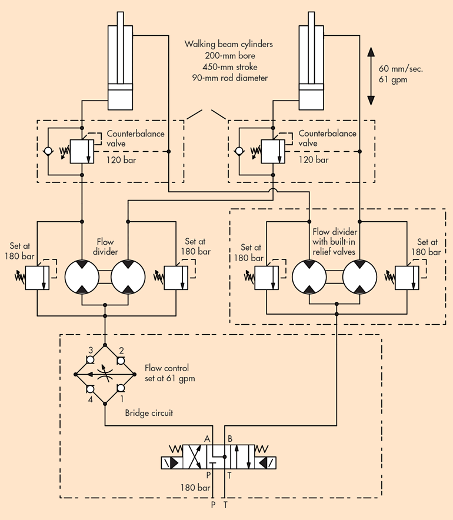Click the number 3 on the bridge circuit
91,351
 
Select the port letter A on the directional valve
207,438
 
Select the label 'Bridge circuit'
149,413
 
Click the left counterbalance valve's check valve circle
48,151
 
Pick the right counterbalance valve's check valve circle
238,151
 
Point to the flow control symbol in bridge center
106,374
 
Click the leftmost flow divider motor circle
82,275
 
